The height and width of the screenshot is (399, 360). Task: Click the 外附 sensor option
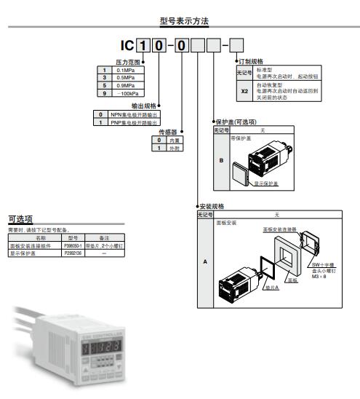(173, 148)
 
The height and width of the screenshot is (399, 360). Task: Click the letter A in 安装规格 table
(204, 260)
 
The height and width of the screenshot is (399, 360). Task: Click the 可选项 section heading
(20, 218)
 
